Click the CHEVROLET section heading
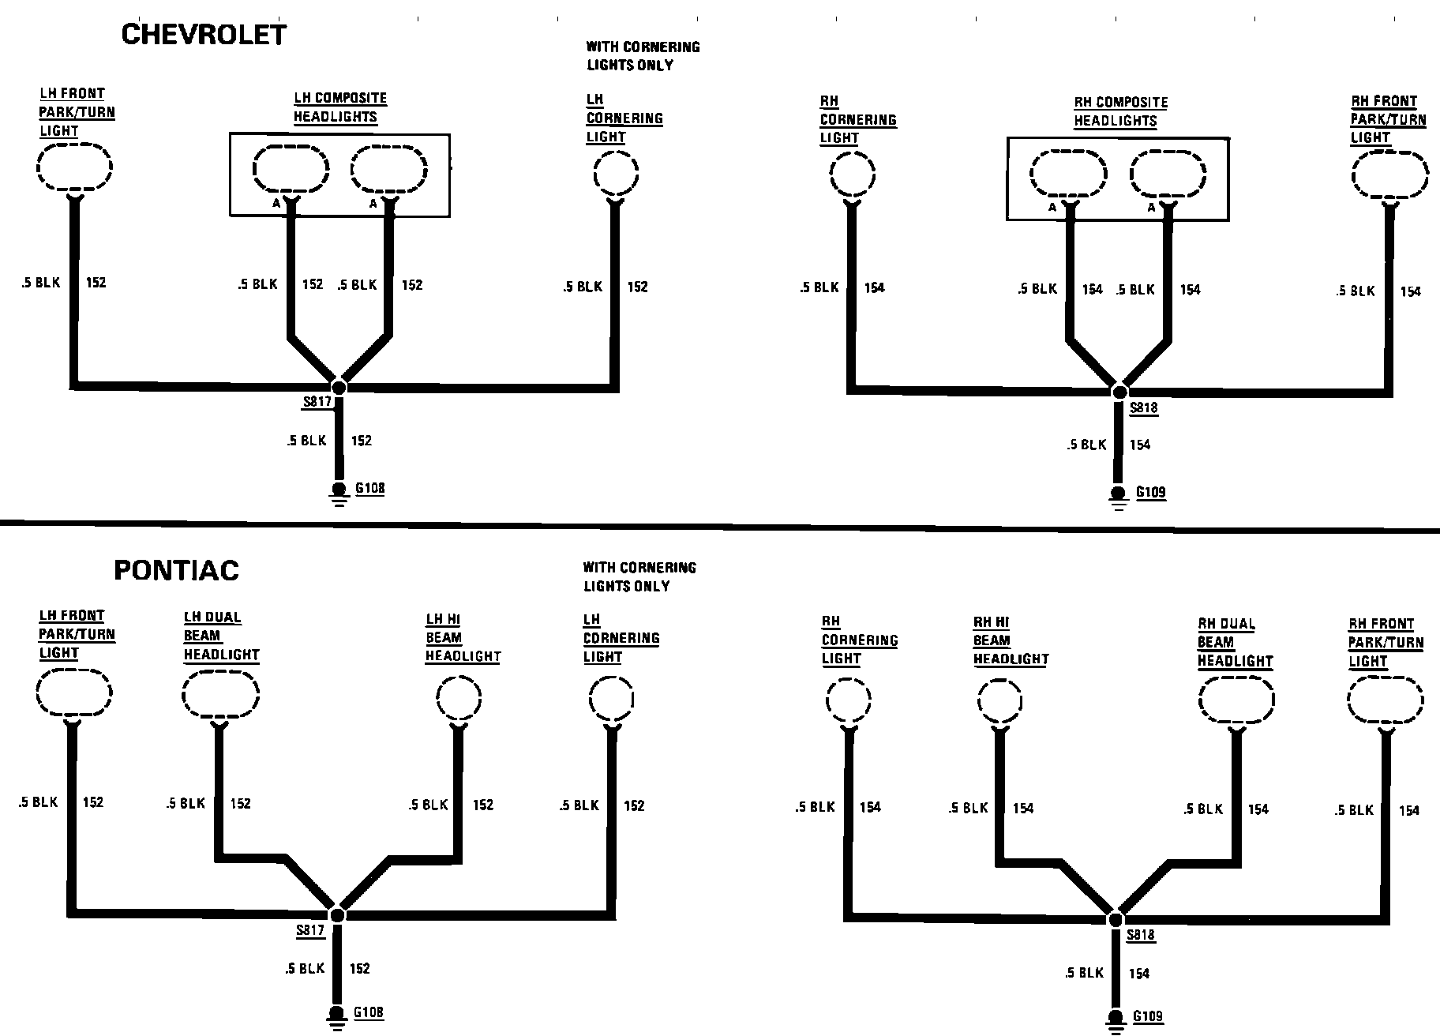pyautogui.click(x=204, y=35)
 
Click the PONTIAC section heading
pyautogui.click(x=177, y=570)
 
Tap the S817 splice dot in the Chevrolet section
pyautogui.click(x=339, y=386)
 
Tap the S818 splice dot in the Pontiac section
pyautogui.click(x=1116, y=919)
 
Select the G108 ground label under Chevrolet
pyautogui.click(x=369, y=488)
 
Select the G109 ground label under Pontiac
pyautogui.click(x=1148, y=1017)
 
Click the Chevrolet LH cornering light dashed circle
pyautogui.click(x=616, y=174)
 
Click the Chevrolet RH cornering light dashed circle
pyautogui.click(x=853, y=175)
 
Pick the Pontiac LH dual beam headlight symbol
pyautogui.click(x=220, y=696)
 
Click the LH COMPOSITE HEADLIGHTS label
pyautogui.click(x=339, y=107)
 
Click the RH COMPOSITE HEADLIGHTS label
pyautogui.click(x=1119, y=111)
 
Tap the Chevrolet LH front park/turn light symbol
pyautogui.click(x=75, y=167)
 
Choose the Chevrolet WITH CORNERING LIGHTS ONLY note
pyautogui.click(x=643, y=56)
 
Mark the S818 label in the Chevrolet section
pyautogui.click(x=1143, y=408)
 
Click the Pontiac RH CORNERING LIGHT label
pyautogui.click(x=859, y=640)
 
